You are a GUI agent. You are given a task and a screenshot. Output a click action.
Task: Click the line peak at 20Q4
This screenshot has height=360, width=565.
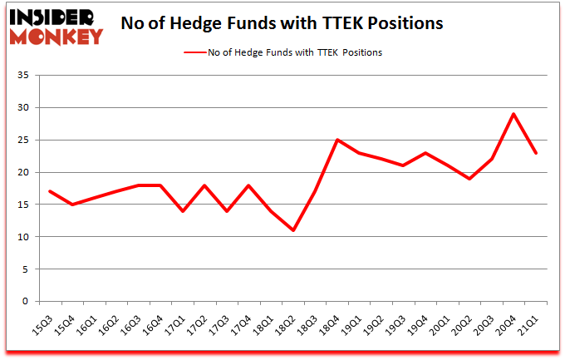click(514, 114)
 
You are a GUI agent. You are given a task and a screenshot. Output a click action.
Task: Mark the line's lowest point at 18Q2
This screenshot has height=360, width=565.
click(293, 230)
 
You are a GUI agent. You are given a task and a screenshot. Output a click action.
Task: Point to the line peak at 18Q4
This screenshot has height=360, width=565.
click(337, 140)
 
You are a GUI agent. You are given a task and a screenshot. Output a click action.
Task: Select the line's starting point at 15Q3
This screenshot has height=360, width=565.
click(50, 191)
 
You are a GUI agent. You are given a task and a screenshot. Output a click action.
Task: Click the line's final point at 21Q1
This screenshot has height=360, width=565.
click(536, 153)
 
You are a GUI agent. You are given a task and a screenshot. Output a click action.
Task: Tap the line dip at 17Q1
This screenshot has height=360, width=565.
click(183, 211)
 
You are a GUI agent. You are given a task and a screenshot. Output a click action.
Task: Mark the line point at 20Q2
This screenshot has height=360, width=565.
click(469, 179)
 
